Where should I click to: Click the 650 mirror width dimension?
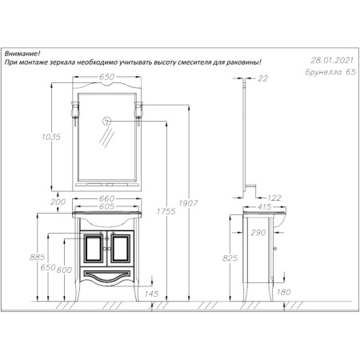[x=111, y=78]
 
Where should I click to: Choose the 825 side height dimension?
[x=231, y=259]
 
